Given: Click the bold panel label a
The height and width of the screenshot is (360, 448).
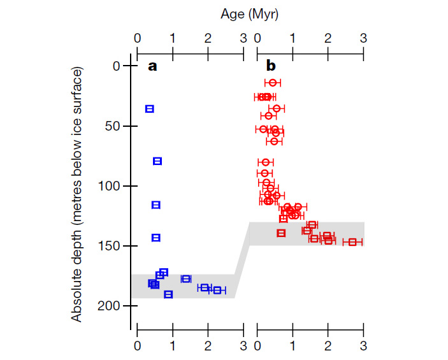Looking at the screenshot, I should tap(152, 66).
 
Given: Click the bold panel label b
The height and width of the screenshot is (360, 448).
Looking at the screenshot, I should tap(271, 66).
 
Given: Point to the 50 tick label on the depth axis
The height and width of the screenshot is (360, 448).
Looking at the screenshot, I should tap(112, 126).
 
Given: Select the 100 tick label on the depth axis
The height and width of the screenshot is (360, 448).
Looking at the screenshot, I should tap(109, 186).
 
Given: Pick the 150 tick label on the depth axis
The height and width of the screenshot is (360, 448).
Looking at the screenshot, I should tap(109, 246).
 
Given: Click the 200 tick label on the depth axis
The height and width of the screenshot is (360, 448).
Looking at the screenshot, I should tap(109, 306).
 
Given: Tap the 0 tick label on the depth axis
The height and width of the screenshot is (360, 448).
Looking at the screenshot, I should tap(115, 66).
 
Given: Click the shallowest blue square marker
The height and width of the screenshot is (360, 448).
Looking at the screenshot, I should tap(150, 109).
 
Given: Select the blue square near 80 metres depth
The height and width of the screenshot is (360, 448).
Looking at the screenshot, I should tap(157, 161).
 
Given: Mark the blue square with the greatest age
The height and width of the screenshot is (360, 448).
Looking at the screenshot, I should tap(217, 291).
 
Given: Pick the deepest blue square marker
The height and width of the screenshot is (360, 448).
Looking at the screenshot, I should tap(168, 294).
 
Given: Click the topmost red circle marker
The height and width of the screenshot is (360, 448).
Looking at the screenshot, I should tap(273, 83).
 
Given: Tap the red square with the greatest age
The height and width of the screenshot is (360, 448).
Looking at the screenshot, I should tap(352, 242).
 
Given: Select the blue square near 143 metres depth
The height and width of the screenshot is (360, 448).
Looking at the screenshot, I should tap(155, 238).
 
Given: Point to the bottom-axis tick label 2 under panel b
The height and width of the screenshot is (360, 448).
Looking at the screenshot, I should tap(328, 346).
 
